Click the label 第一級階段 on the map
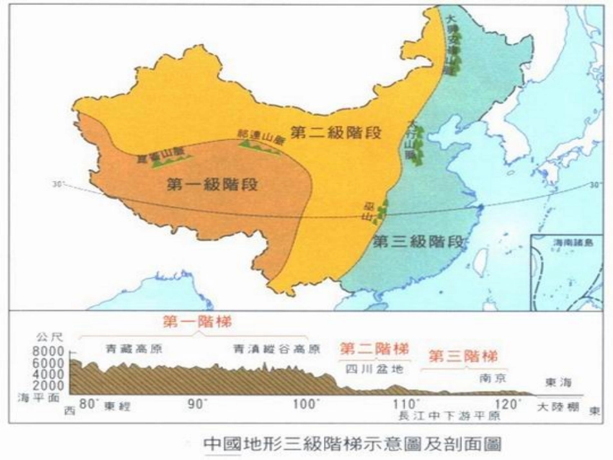tap(212, 185)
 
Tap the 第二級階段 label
tap(336, 133)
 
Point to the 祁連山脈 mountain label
tap(261, 137)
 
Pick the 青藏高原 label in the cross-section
tap(133, 349)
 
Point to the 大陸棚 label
tap(559, 407)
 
